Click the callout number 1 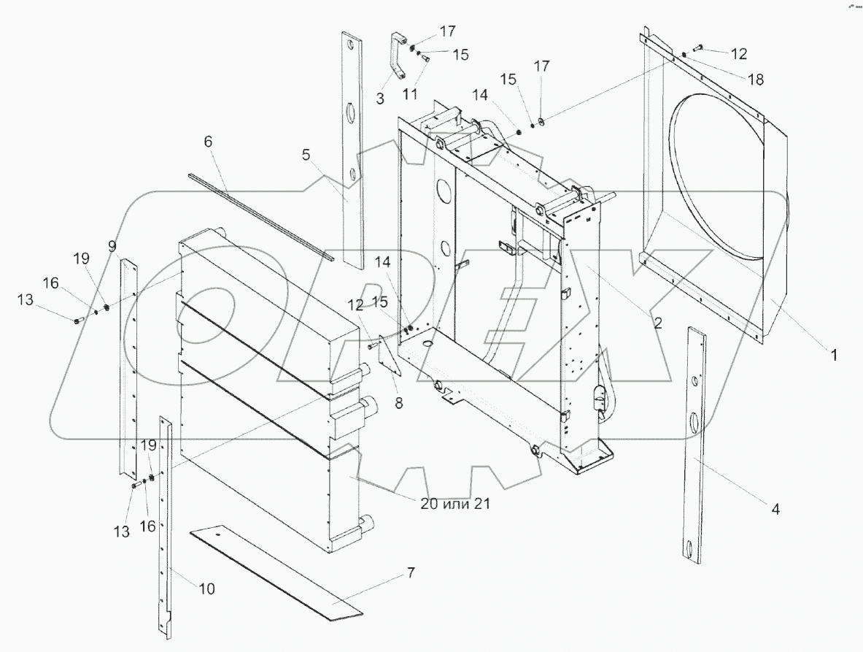click(x=833, y=356)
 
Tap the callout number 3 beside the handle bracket click(x=380, y=99)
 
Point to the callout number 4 click(x=776, y=510)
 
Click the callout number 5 click(x=306, y=154)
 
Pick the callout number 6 click(x=209, y=142)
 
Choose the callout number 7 click(x=411, y=573)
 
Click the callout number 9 click(x=112, y=247)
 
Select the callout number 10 click(x=207, y=588)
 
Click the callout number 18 click(x=756, y=80)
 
